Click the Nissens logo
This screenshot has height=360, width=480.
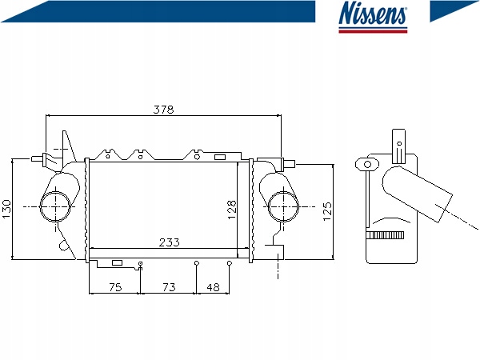pos(373,17)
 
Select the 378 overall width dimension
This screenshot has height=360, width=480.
pos(163,109)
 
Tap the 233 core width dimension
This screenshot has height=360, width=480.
pos(168,242)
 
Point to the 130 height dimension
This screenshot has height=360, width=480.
pos(7,208)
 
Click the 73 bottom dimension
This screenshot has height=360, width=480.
pos(169,286)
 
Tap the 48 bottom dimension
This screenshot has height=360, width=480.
pos(213,286)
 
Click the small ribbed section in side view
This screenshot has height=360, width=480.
pos(386,235)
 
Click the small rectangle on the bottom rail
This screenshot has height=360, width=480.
pos(117,262)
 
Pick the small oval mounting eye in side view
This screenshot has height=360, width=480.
pos(369,164)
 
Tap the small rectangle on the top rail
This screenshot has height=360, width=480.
pos(219,155)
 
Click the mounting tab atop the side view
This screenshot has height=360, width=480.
pos(398,142)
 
